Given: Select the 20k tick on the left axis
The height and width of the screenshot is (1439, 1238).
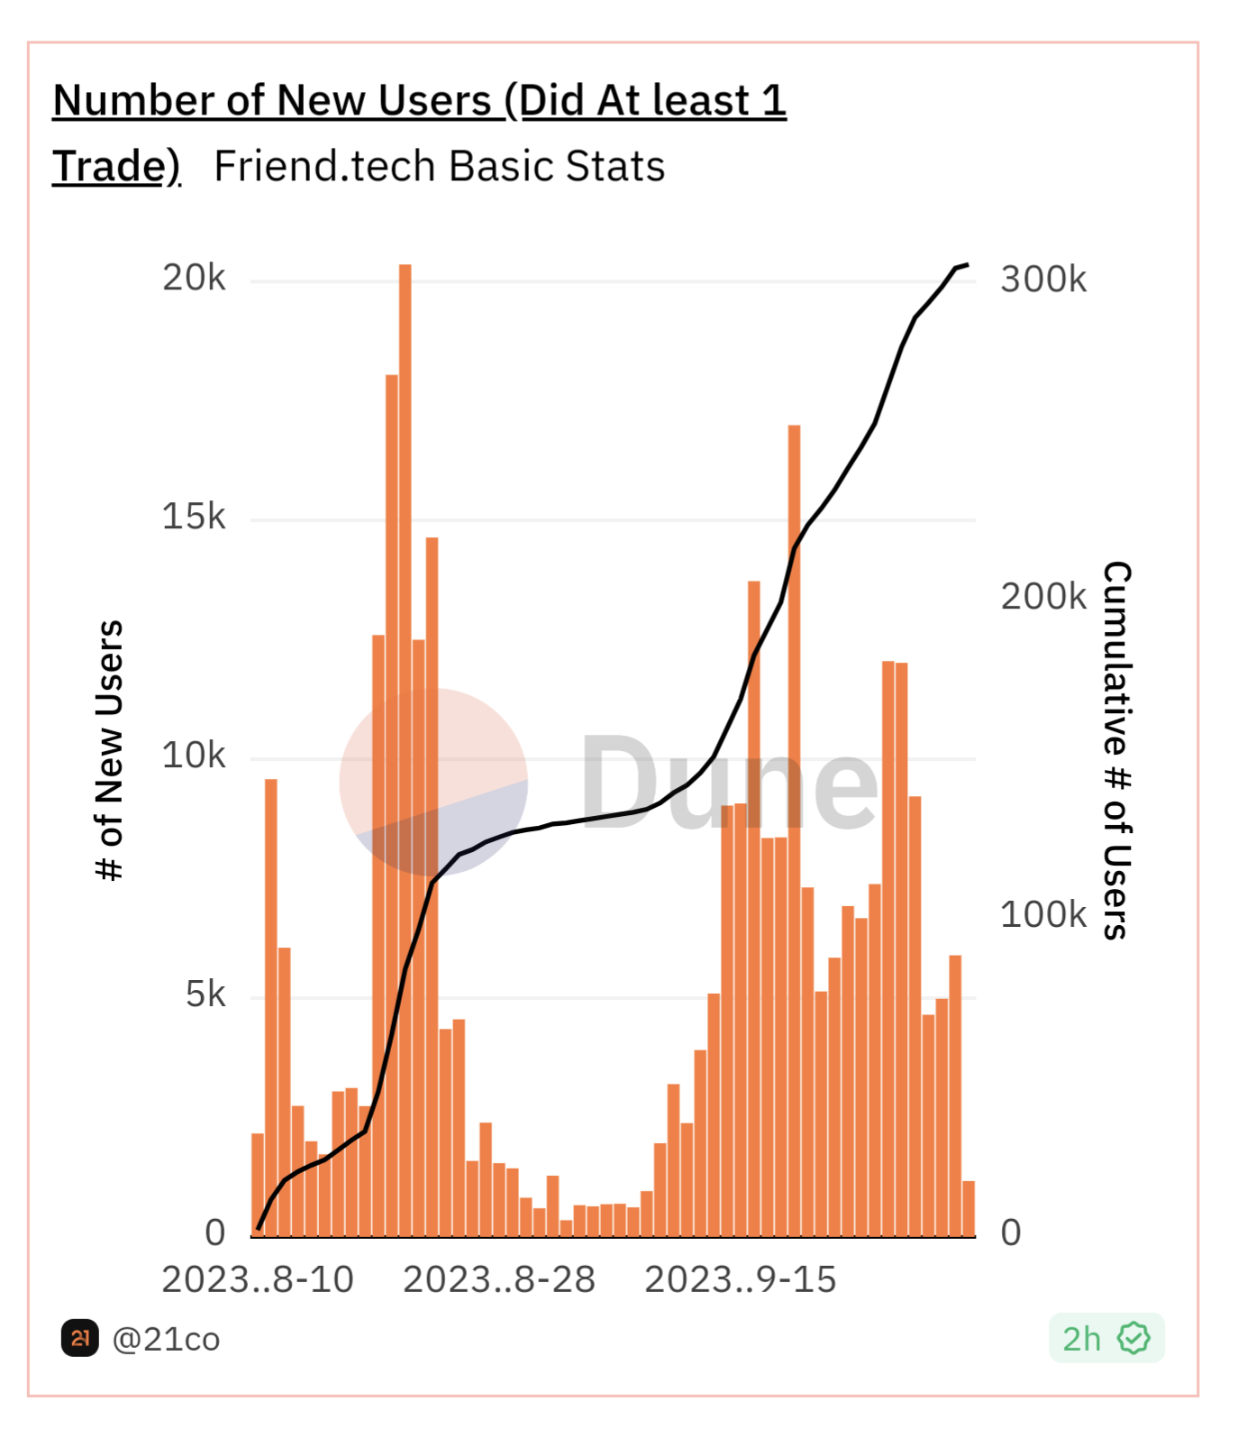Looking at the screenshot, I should pos(194,279).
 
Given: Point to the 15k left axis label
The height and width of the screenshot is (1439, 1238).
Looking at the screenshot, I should pos(194,518).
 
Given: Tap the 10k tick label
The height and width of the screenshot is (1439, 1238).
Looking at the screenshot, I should pos(194,756).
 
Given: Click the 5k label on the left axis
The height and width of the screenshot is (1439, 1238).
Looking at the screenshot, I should pos(205,995).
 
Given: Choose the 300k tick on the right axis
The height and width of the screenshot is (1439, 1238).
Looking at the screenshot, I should pos(1043,280).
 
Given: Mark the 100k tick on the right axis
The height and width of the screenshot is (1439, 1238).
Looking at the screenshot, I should pos(1043,915).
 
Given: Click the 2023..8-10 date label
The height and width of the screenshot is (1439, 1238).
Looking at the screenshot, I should pos(258,1280).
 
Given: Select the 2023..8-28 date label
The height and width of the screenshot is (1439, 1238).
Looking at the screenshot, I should pos(499,1280).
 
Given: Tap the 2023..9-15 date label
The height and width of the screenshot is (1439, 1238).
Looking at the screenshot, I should pos(741,1280).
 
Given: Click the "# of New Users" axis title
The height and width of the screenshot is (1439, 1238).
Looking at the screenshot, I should pos(110,750).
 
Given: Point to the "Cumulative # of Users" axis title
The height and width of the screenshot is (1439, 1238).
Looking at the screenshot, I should pos(1116,750).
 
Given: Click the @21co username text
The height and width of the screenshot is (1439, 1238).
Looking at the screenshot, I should pos(166,1340).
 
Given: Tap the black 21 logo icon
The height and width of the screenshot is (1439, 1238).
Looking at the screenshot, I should pos(79,1338).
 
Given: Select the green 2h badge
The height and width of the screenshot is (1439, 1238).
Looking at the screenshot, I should pos(1106,1339).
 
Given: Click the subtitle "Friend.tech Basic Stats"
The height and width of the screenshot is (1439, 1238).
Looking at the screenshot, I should pos(440,167).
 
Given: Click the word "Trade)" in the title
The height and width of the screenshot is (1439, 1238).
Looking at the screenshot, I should pos(116,167).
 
